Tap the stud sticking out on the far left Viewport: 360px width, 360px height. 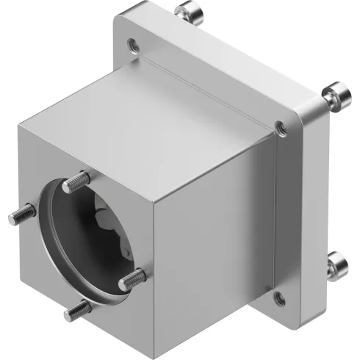pos(26,213)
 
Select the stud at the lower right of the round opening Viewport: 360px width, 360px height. pos(133,278)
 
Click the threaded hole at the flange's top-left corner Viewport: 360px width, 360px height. pos(132,46)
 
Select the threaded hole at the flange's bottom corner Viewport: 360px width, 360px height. pos(279,298)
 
